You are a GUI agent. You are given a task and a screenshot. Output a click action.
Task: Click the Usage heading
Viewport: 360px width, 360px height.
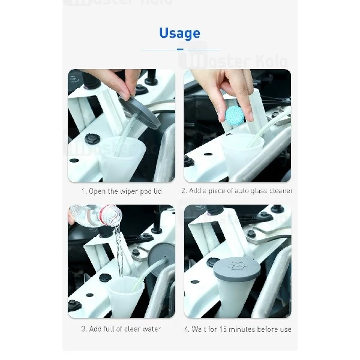pos(179,33)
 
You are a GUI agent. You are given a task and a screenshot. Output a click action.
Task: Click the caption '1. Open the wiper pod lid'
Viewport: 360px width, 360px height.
pos(121,191)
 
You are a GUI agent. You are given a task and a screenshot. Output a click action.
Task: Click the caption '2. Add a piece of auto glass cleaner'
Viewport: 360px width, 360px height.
pos(237,191)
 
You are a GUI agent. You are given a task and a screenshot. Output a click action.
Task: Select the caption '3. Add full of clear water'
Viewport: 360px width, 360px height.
pos(121,329)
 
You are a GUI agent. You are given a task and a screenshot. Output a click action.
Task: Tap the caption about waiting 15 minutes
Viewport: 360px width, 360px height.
pos(237,329)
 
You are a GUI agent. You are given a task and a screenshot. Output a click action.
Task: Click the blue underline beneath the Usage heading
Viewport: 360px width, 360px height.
pos(179,50)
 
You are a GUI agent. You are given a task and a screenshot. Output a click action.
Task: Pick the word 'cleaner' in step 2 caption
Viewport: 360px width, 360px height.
pos(281,191)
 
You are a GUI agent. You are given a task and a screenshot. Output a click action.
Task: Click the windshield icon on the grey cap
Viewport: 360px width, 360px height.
pos(236,265)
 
